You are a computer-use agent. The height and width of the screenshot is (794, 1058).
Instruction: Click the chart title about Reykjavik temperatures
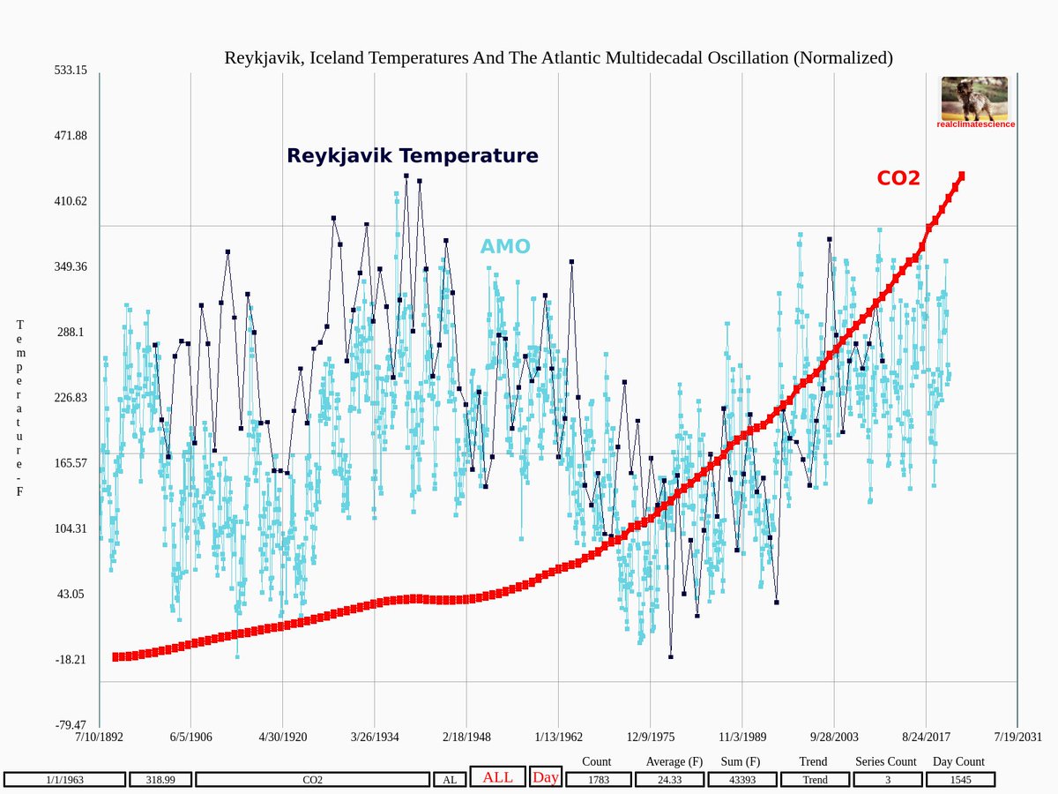click(x=558, y=58)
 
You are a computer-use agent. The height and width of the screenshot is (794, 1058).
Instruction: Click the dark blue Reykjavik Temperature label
click(x=412, y=156)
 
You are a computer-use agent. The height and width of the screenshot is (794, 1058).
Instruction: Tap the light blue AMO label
click(x=505, y=247)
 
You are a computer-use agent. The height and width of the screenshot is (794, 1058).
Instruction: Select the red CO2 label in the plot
click(x=898, y=178)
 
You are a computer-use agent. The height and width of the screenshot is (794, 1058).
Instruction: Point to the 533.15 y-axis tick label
click(x=70, y=71)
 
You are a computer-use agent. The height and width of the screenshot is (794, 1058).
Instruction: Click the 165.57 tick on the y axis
click(x=70, y=463)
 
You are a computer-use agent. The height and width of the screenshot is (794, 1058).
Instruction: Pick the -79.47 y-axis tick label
click(x=70, y=725)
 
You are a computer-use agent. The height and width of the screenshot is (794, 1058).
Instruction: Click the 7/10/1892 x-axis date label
click(x=100, y=738)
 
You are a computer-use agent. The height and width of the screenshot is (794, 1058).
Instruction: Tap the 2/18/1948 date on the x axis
click(x=466, y=738)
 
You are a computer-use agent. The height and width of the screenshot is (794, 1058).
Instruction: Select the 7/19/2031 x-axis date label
click(x=1017, y=738)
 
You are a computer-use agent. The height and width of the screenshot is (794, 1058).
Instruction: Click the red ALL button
click(x=497, y=777)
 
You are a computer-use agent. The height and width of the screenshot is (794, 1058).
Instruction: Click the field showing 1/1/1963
click(x=64, y=780)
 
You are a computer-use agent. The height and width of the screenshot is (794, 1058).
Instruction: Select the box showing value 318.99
click(x=160, y=780)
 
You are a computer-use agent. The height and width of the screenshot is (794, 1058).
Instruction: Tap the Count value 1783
click(x=598, y=780)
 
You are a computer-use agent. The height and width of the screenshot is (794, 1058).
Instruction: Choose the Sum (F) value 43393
click(x=740, y=780)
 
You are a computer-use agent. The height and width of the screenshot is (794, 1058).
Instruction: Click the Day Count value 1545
click(x=959, y=780)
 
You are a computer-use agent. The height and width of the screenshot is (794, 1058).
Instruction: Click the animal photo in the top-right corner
click(x=974, y=98)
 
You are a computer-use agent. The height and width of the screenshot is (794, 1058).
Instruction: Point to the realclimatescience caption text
click(x=975, y=124)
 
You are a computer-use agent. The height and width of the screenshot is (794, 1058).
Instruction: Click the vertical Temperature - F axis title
click(x=19, y=408)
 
